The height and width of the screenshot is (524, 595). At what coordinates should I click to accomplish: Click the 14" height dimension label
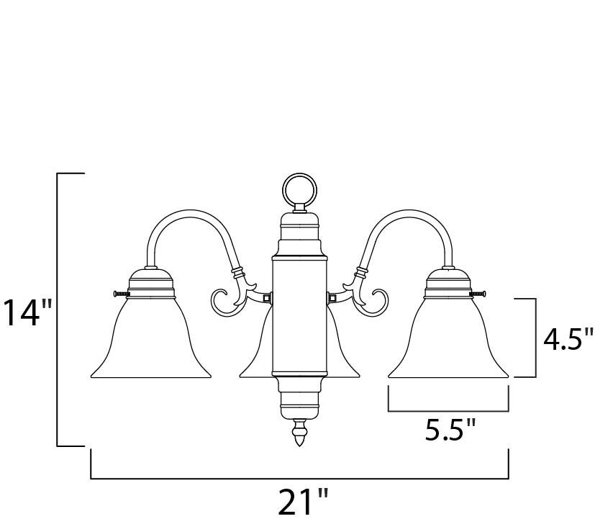(27, 313)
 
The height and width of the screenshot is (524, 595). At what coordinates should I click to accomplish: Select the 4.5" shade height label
(568, 339)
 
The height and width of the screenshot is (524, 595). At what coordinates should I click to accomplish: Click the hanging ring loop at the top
(298, 190)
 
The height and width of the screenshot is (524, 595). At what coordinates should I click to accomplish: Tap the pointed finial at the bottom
(298, 432)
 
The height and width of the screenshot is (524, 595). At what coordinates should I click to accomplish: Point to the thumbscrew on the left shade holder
(121, 294)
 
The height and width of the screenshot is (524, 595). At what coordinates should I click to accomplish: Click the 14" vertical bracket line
(58, 310)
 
